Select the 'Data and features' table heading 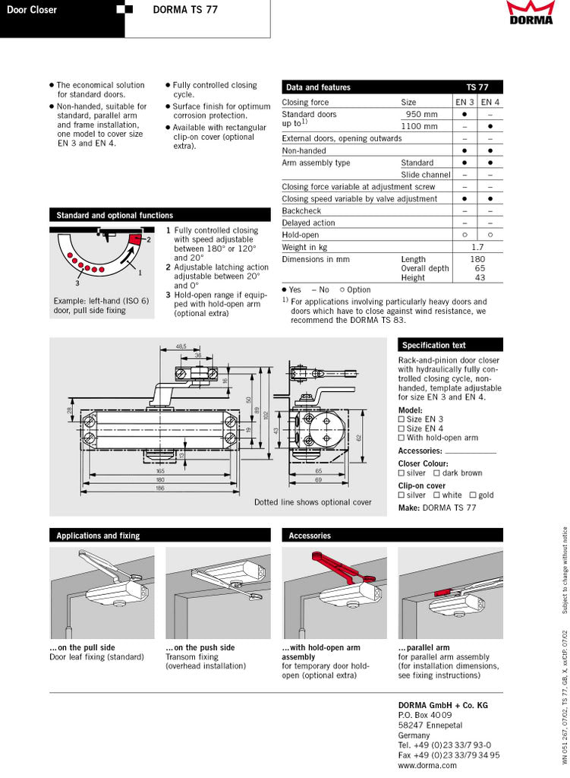coord(318,87)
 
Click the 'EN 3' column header coord(465,102)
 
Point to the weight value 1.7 coord(477,247)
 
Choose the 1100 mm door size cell coord(419,126)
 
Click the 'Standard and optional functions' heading coord(115,216)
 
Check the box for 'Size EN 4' coord(402,429)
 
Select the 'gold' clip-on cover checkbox coord(472,495)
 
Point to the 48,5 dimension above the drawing coord(181,346)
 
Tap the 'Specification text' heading coord(434,345)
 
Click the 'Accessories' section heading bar coord(310,536)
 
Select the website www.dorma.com coord(427,766)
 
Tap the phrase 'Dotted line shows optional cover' coord(313,502)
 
